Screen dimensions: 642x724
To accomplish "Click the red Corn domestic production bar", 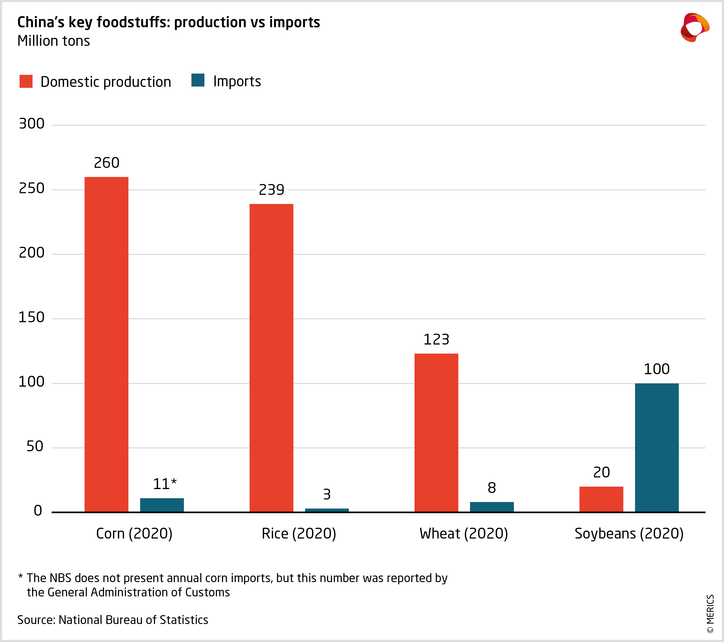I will coord(106,344).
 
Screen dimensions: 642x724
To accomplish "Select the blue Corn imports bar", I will coord(162,505).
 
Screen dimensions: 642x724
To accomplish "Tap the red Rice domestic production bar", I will coord(271,358).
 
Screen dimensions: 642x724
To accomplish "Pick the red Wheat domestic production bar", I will coord(436,432).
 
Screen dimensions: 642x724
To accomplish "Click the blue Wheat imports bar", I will coord(492,507).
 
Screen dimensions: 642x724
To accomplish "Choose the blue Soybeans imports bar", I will coord(657,447).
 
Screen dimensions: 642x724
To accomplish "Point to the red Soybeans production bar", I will coord(601,499).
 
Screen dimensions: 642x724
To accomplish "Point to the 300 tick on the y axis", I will coord(31,124).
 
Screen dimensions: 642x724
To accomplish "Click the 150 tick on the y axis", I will coord(31,317).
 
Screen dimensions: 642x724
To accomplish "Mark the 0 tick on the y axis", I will coord(38,511).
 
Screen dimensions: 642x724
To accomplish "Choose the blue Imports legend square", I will coord(198,80).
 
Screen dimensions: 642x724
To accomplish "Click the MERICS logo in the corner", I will coord(694,28).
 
